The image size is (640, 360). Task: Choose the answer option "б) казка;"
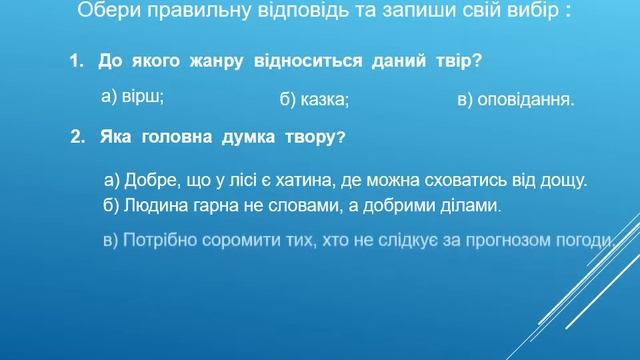tap(314, 100)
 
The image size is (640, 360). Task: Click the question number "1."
tap(78, 62)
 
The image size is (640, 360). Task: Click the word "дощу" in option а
tap(563, 181)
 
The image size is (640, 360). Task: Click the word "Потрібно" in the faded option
tap(156, 241)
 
